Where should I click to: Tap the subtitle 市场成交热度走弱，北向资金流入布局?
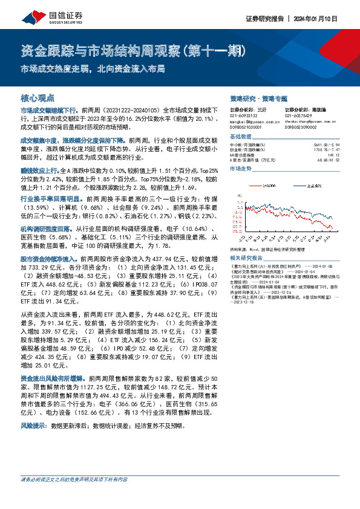point(93,69)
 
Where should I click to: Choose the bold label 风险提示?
point(32,426)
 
